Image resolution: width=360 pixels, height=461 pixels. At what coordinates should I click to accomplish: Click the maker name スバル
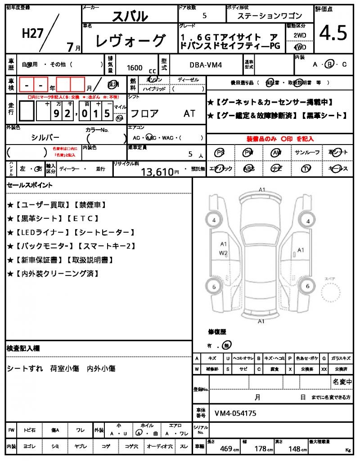coord(130,16)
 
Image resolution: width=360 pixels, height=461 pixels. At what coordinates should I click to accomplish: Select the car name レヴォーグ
coord(130,41)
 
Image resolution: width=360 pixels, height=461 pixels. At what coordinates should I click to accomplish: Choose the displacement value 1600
coord(135,68)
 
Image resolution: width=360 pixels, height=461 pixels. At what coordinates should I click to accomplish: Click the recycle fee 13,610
coord(157,172)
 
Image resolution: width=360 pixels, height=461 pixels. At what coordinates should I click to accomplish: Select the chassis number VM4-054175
coord(235,413)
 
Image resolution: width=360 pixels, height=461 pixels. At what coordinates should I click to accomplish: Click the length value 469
coord(226,448)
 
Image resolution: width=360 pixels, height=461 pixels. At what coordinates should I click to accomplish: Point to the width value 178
coord(261,448)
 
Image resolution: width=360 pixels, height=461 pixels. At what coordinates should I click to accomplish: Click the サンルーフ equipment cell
coord(307,153)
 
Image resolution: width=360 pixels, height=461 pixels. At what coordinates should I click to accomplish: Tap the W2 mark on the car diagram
coord(224,253)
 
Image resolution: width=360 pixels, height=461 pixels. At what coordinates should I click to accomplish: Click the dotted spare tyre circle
coord(333,295)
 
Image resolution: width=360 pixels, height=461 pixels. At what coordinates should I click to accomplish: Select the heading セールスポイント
coord(30,185)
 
